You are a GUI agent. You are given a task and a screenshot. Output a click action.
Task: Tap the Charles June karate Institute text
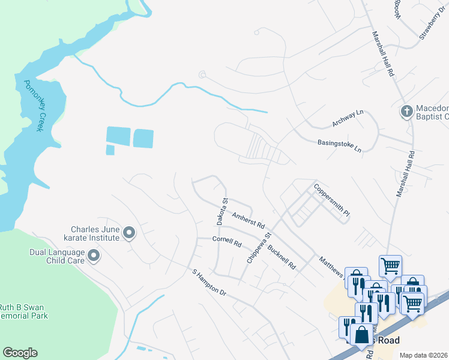(x=95, y=233)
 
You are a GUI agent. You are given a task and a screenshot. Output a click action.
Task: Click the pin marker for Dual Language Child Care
(x=94, y=257)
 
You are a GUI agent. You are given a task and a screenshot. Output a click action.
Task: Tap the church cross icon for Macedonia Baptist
(x=406, y=112)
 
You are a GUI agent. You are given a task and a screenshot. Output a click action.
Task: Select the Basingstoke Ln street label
(x=340, y=145)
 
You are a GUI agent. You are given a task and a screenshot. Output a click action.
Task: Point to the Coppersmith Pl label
(x=331, y=199)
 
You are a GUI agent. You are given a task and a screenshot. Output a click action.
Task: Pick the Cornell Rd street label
(x=226, y=242)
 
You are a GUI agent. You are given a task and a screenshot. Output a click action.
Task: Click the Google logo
(x=20, y=353)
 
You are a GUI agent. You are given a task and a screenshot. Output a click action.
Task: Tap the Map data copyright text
(x=423, y=355)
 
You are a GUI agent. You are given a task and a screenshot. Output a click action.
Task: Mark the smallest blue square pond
(x=110, y=149)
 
